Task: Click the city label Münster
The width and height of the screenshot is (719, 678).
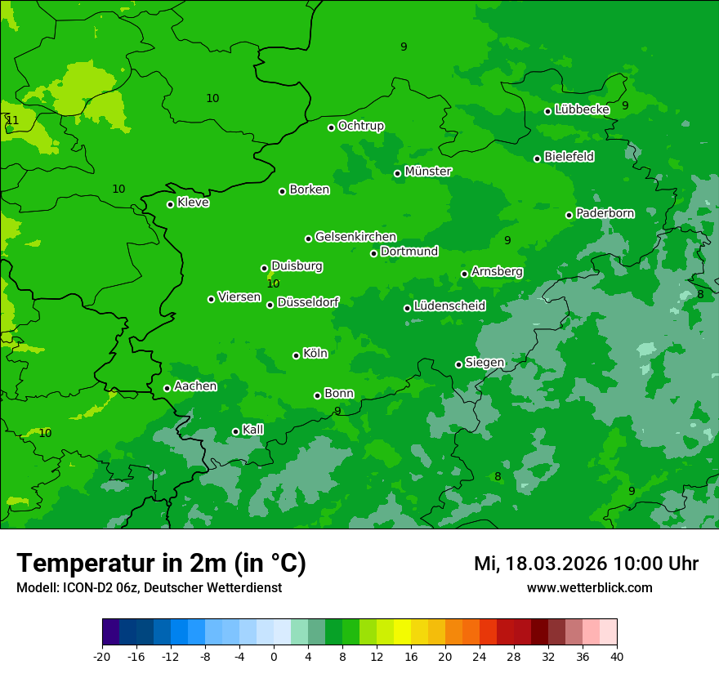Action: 428,172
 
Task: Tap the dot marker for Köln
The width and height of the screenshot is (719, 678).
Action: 296,355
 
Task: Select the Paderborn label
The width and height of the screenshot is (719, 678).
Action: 605,213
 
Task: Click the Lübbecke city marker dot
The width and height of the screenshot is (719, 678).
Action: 547,111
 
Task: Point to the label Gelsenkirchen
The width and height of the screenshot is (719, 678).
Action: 355,237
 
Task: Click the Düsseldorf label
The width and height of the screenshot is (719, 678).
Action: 308,302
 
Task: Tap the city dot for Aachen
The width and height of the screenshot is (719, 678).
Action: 167,388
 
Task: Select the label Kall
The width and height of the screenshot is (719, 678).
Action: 253,430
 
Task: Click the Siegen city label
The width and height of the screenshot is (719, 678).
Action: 485,363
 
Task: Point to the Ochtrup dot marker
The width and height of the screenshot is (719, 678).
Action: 331,127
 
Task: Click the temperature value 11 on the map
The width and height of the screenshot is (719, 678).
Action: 12,121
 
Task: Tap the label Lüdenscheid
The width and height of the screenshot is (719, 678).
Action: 449,306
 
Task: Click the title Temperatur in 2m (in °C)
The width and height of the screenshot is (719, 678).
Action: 161,563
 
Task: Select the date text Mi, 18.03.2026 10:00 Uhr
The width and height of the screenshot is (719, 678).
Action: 586,564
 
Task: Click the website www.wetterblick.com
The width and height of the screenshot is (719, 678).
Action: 589,587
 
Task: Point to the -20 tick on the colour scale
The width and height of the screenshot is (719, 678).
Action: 102,656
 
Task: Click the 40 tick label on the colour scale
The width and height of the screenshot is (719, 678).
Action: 617,656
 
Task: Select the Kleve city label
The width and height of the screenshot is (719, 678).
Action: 193,203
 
